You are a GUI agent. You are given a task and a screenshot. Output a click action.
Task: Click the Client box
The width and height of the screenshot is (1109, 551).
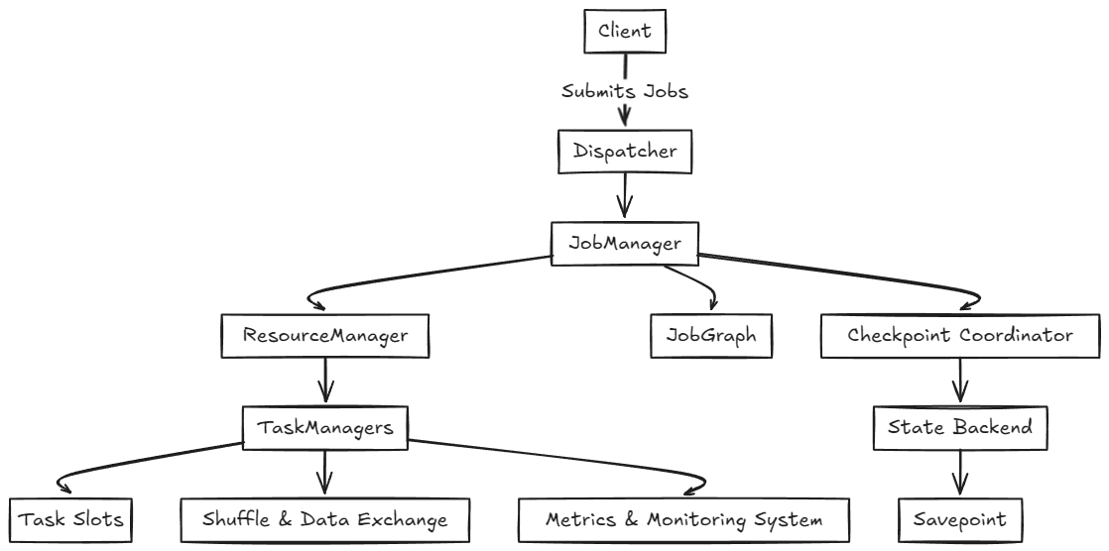[x=623, y=31]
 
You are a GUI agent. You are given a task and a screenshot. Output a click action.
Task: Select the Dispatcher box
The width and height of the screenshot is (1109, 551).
[x=623, y=153]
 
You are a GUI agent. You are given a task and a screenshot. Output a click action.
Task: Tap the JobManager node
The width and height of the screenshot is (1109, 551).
[x=625, y=243]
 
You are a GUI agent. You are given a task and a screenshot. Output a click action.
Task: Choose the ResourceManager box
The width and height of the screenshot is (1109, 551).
[x=325, y=335]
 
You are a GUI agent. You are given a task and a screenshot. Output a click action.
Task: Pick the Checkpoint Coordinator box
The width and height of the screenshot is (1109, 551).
[x=960, y=335]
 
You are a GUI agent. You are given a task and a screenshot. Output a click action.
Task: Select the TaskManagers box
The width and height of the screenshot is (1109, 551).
[x=325, y=427]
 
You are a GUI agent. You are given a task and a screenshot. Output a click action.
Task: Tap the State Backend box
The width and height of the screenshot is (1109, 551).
[x=959, y=427]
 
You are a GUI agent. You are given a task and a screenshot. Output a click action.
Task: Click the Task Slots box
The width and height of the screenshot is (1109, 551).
[x=70, y=518]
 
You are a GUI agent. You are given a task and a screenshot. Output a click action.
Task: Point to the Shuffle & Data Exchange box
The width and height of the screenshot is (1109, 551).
[x=325, y=518]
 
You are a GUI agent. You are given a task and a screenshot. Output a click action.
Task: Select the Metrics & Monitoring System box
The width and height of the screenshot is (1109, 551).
[x=685, y=518]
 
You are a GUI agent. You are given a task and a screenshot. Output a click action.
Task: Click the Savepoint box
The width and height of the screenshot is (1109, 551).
[x=959, y=518]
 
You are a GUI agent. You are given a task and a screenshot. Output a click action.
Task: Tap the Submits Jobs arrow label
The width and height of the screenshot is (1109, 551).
[x=624, y=91]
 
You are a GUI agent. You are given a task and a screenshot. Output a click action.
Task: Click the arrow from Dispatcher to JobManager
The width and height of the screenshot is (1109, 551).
[x=624, y=196]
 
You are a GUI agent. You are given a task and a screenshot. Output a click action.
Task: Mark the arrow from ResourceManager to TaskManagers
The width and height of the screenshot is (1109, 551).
[x=325, y=381]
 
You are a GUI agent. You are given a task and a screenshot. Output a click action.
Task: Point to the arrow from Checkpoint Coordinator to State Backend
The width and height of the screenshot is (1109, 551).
[x=959, y=381]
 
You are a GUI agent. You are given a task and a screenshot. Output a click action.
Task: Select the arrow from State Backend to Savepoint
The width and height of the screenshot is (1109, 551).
[x=959, y=472]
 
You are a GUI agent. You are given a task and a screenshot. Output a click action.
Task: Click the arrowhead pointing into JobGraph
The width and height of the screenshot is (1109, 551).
[x=711, y=303]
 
